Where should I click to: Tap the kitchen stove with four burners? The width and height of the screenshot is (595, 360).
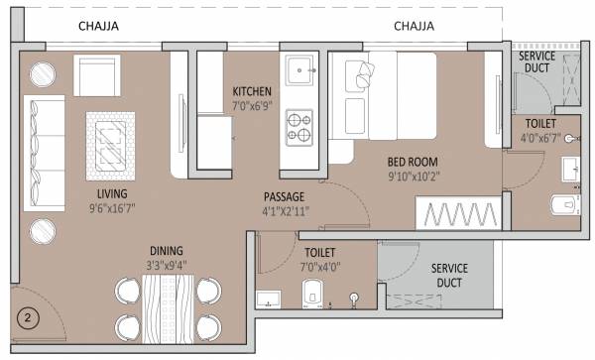(x=299, y=126)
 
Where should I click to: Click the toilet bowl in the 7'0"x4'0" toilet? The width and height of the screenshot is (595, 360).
(x=311, y=293)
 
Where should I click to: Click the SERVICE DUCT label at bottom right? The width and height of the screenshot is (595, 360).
(x=449, y=275)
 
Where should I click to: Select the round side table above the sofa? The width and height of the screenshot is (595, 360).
(x=44, y=74)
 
